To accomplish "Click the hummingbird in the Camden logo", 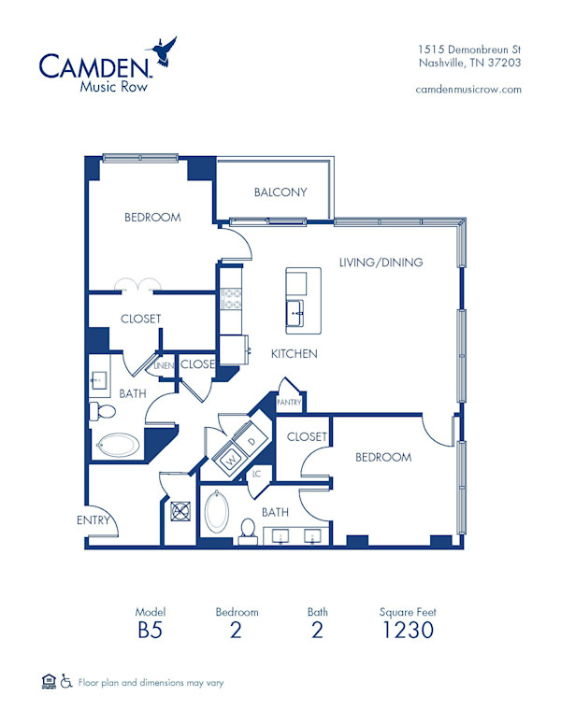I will click(165, 50).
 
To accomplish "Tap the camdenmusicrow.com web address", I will click(467, 90).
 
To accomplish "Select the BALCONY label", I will click(280, 192).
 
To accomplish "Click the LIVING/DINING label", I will click(381, 263).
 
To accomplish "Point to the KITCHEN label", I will click(295, 354).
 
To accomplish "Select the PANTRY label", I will click(288, 402).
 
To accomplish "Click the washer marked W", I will click(229, 460).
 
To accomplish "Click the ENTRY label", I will click(94, 520).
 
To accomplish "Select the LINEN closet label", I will click(163, 366).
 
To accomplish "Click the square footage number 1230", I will click(408, 630).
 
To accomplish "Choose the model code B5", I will click(150, 630).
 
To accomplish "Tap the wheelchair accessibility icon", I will click(65, 682).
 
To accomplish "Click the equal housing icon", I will click(49, 682).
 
